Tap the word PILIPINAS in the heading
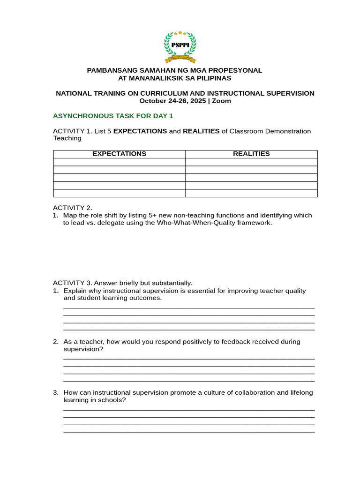click(x=213, y=78)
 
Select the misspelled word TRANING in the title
click(x=110, y=93)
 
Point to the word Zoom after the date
click(x=221, y=101)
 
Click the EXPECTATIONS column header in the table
click(x=119, y=154)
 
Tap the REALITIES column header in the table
click(x=251, y=154)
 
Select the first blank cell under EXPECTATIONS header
click(x=119, y=162)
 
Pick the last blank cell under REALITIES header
click(x=251, y=193)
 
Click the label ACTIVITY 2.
click(x=73, y=208)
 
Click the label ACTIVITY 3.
click(x=73, y=283)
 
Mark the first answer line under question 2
click(x=189, y=359)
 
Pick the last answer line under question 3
click(x=189, y=432)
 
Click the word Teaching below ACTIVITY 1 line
click(x=67, y=138)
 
